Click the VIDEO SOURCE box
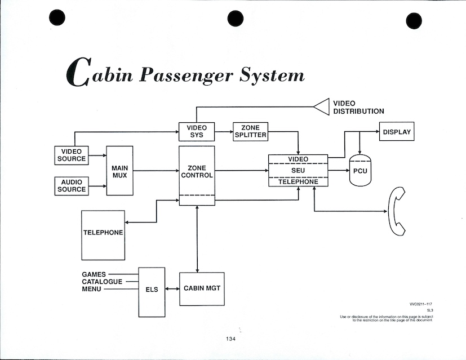pyautogui.click(x=72, y=155)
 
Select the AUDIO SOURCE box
pyautogui.click(x=72, y=185)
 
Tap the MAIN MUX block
pyautogui.click(x=119, y=171)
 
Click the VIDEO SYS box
pyautogui.click(x=197, y=132)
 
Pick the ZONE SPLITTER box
pyautogui.click(x=250, y=132)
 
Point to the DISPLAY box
pyautogui.click(x=397, y=132)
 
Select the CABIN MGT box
pyautogui.click(x=202, y=288)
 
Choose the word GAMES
pyautogui.click(x=94, y=275)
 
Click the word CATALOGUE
pyautogui.click(x=102, y=282)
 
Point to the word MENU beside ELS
pyautogui.click(x=91, y=289)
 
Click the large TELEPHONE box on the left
pyautogui.click(x=103, y=232)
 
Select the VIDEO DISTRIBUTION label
pyautogui.click(x=358, y=107)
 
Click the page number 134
pyautogui.click(x=230, y=339)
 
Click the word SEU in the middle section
pyautogui.click(x=298, y=170)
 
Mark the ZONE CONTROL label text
pyautogui.click(x=197, y=171)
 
